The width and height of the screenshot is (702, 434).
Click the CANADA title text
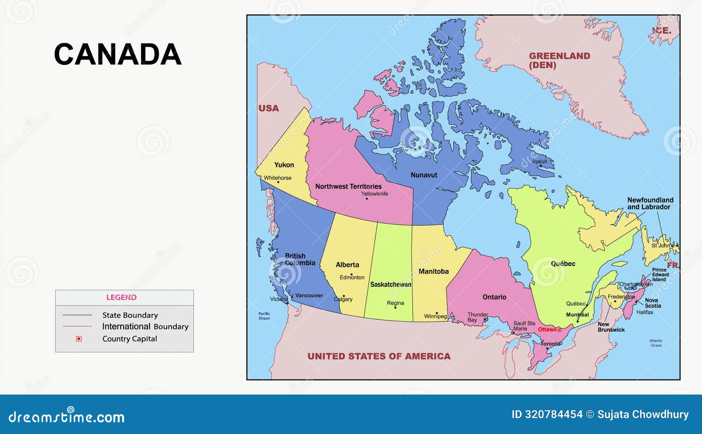point(118,54)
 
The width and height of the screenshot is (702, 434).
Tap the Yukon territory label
point(284,165)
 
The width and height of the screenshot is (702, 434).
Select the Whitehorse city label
point(277,178)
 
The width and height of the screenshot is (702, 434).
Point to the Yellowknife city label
point(374,194)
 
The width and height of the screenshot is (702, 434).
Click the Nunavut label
point(423,175)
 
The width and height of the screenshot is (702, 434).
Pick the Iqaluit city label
point(540,161)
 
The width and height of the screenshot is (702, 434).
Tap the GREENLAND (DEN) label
point(559,60)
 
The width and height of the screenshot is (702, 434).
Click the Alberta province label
point(347,265)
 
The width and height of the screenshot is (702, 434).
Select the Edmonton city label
point(352,277)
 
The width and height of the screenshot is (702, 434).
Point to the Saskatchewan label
point(390,285)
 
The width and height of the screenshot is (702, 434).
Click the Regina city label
point(395,303)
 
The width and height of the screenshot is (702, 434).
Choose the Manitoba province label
point(433,271)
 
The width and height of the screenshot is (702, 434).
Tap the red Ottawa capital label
point(547,330)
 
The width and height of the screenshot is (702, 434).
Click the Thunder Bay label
point(477,317)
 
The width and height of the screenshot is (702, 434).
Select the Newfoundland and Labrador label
point(650,203)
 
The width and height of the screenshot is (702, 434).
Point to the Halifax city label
point(645,313)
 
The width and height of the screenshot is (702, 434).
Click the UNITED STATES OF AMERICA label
point(379,356)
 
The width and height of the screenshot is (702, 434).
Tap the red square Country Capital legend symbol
point(79,339)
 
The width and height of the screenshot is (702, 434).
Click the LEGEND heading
point(121,298)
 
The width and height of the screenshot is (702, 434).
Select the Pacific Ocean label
point(264,316)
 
